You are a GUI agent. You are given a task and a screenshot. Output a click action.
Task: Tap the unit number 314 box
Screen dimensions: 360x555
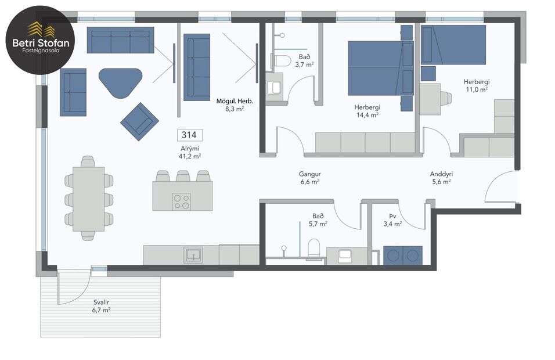[x=189, y=135]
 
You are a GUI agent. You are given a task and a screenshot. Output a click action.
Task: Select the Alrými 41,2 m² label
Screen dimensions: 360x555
[x=189, y=152]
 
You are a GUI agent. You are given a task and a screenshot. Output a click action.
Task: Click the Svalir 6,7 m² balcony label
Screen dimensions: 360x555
[x=101, y=306]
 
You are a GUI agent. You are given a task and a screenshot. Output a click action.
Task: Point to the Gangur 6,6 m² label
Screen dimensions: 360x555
[x=310, y=178]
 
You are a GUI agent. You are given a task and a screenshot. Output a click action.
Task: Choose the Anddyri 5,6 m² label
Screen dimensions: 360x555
[x=441, y=178]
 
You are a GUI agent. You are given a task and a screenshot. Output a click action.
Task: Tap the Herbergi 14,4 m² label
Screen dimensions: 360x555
[x=367, y=111]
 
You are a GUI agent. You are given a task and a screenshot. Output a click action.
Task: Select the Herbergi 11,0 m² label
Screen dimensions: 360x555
[x=475, y=85]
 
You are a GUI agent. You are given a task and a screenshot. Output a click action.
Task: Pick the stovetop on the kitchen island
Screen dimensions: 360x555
[x=182, y=201]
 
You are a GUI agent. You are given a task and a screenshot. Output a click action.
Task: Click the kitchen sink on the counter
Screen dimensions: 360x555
[x=193, y=254]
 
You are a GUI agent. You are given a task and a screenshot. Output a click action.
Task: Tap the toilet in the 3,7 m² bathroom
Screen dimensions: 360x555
[x=282, y=61]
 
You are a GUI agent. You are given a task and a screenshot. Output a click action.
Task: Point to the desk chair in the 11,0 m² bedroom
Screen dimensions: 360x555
[x=446, y=98]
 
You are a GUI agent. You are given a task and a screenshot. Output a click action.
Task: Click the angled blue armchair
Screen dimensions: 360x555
[x=139, y=121]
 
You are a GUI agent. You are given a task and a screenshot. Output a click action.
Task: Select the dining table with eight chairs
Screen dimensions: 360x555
[x=88, y=199]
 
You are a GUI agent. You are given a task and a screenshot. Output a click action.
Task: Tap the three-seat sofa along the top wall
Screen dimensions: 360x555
[x=120, y=40]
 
